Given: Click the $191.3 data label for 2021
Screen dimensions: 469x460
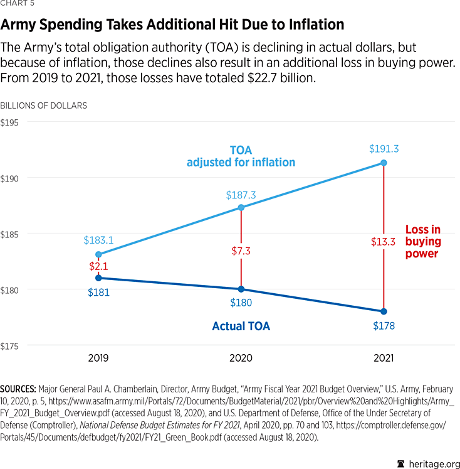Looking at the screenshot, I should point(384,149).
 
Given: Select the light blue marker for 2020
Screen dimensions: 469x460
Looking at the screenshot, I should point(241,207).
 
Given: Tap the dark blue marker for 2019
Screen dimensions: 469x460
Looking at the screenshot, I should point(98,278).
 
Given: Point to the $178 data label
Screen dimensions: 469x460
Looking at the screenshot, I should point(384,326).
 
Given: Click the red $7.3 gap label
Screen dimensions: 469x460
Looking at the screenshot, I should point(241,251).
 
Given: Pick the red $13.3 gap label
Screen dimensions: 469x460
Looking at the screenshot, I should point(384,242).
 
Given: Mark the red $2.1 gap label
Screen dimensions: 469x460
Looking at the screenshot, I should point(98,266).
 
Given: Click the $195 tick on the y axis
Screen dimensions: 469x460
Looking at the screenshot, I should point(13,122).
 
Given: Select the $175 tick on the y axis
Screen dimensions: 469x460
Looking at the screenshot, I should point(13,346).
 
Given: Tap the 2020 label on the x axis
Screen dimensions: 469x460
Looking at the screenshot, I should point(241,358).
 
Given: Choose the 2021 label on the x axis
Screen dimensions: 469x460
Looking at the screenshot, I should point(384,358).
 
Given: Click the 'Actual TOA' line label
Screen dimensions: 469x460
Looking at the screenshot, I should point(241,326).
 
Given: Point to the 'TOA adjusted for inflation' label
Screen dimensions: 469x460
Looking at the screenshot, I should point(241,157).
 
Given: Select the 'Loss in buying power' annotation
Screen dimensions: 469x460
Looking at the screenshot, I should point(423,242).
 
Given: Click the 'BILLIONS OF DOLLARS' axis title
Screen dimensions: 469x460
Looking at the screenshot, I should point(44,105).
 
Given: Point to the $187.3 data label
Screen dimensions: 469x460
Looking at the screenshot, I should point(241,195).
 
